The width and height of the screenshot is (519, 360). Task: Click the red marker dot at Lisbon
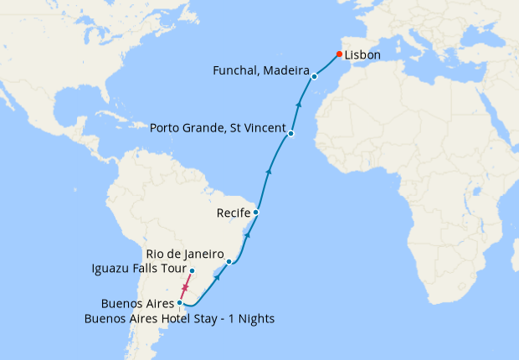tap(339, 54)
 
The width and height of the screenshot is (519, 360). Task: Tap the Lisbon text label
tap(362, 55)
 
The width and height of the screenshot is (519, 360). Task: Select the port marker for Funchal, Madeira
tap(314, 77)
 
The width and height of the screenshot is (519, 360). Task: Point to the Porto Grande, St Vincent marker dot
tap(290, 134)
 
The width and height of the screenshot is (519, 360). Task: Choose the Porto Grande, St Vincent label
tap(218, 128)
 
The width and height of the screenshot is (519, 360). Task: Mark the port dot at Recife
tap(255, 213)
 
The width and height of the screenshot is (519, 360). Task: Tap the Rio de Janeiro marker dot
tap(229, 262)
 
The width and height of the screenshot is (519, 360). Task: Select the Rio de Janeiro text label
tap(184, 254)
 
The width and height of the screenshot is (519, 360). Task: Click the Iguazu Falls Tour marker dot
tap(192, 270)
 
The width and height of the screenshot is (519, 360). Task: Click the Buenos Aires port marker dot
tap(180, 302)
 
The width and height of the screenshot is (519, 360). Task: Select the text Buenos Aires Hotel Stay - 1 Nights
tap(180, 318)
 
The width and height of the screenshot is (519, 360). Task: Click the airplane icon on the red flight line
tap(185, 287)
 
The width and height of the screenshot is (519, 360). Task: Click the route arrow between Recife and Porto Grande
tap(269, 172)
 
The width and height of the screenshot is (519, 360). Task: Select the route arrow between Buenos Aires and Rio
tap(217, 279)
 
